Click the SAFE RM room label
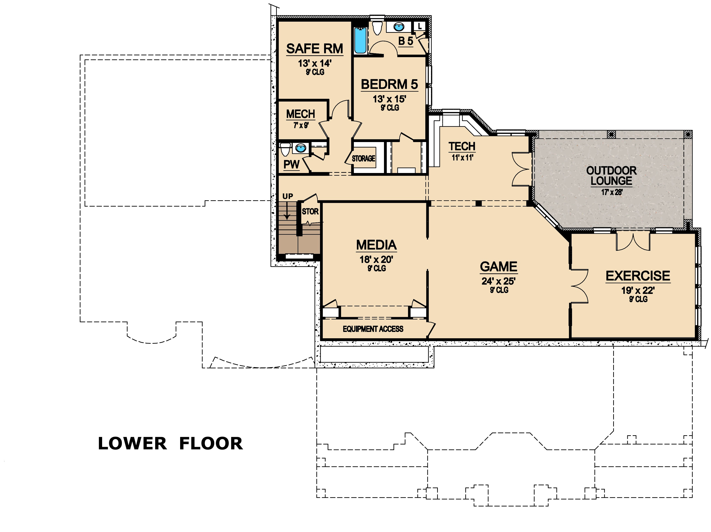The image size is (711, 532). [x=315, y=49]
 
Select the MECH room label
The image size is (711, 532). [x=300, y=114]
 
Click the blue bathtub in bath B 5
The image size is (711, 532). [x=360, y=41]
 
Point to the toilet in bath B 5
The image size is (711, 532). [x=377, y=28]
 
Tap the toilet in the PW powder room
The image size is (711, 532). [x=285, y=149]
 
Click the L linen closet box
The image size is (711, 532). [x=419, y=26]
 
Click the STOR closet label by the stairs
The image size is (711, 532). [x=310, y=212]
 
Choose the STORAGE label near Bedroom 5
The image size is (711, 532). [x=363, y=159]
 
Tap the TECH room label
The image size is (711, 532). [x=462, y=146]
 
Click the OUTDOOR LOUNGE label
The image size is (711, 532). [x=611, y=176]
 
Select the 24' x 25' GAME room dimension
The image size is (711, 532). [x=498, y=281]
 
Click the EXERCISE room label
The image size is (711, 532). [x=638, y=276]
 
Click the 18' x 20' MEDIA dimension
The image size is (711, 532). [x=376, y=259]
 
